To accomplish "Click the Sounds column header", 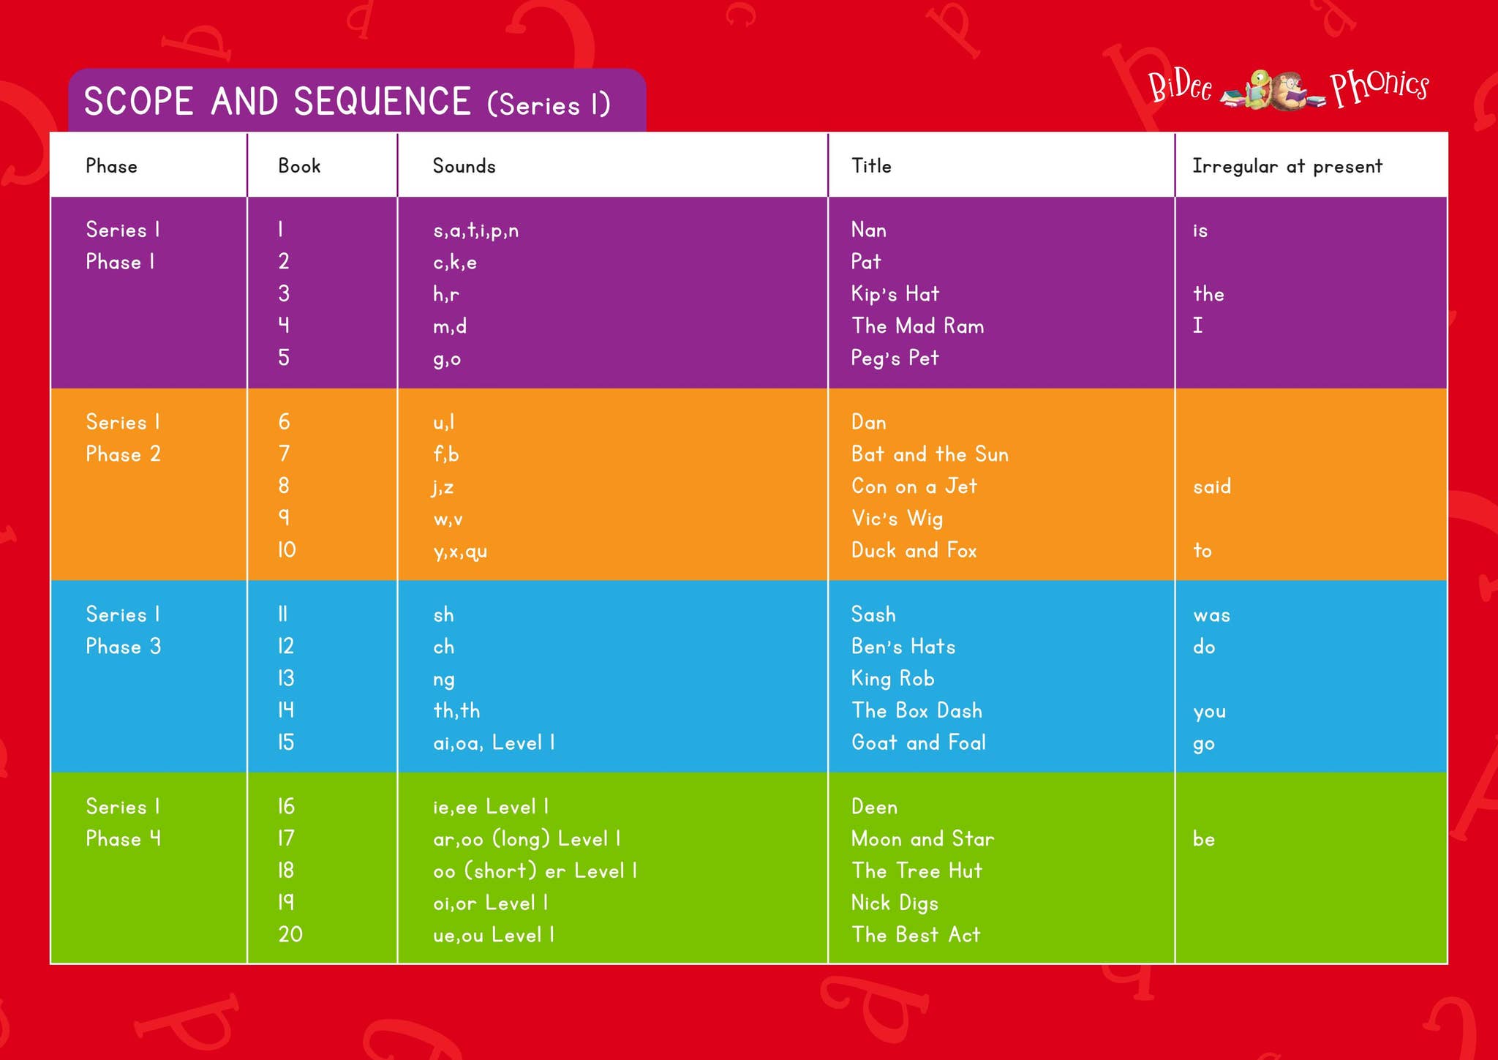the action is (464, 166).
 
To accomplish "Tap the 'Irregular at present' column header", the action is (1287, 167).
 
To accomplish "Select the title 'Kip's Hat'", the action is (895, 293).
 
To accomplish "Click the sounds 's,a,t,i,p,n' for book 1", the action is (475, 230).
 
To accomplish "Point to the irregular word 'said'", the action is (1212, 486).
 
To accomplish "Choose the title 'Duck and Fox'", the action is (914, 550).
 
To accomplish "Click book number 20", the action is (290, 934).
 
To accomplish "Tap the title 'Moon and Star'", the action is (922, 838).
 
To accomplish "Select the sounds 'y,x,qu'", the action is (460, 551).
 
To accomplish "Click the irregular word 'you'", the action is (1209, 712).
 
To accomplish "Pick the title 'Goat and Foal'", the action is (918, 743).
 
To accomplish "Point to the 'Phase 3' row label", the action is (123, 646).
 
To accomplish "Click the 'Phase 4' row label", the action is (123, 838).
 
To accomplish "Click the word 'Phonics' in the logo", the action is (1379, 87).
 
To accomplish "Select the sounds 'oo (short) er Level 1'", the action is (535, 871).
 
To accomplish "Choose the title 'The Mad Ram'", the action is (917, 326).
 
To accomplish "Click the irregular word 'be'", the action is (1203, 838).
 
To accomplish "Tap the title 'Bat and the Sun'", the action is (930, 454).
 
